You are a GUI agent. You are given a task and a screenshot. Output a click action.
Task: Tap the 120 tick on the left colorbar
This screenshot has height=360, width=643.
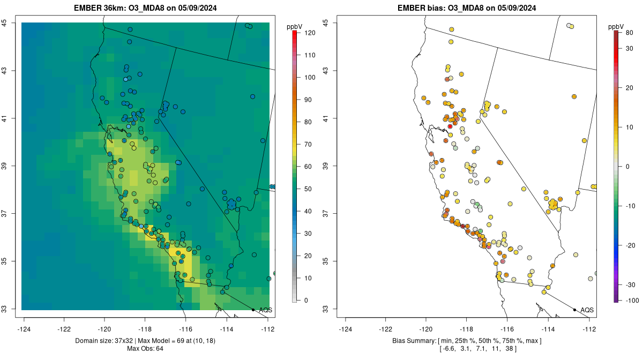pyautogui.click(x=308, y=33)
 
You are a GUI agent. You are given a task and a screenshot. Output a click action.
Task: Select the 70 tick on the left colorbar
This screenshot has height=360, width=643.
pyautogui.click(x=308, y=145)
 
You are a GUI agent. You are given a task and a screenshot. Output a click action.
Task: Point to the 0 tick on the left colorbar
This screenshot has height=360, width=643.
pyautogui.click(x=306, y=301)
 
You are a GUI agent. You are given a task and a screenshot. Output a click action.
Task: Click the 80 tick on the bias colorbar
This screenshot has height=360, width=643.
pyautogui.click(x=629, y=33)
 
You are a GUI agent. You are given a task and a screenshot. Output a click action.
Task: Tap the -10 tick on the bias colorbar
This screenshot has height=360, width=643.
pyautogui.click(x=631, y=206)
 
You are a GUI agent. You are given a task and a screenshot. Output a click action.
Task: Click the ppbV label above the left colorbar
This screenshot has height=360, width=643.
pyautogui.click(x=294, y=27)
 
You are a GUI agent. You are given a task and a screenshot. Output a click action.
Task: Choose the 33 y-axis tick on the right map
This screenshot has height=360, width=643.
pyautogui.click(x=326, y=309)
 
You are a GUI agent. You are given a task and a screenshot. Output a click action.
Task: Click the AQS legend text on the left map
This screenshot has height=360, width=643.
pyautogui.click(x=265, y=310)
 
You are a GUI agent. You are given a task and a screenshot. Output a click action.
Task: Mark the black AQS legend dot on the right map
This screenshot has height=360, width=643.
pyautogui.click(x=574, y=310)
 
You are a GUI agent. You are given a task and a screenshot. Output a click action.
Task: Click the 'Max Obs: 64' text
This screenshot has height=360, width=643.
pyautogui.click(x=145, y=349)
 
